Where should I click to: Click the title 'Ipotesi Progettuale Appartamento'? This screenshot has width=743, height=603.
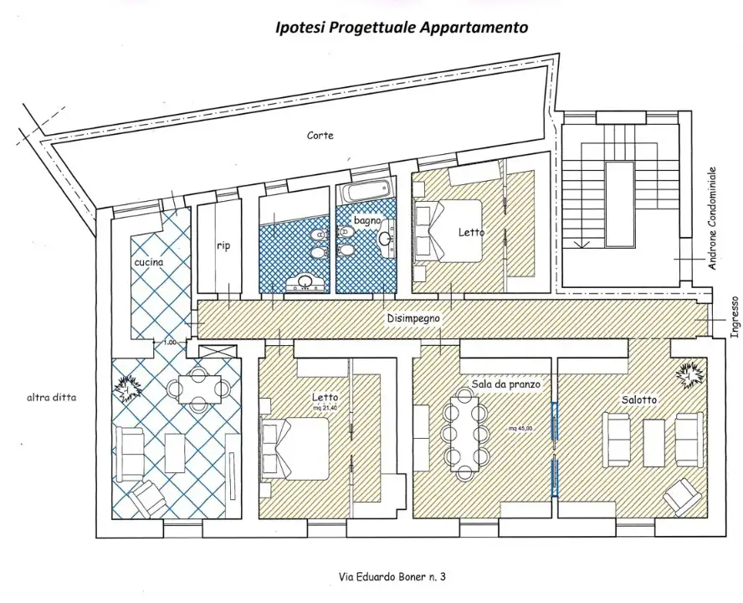[x=402, y=28]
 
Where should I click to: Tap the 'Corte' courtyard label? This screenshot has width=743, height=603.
[x=320, y=135]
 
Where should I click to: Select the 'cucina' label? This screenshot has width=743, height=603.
[x=148, y=262]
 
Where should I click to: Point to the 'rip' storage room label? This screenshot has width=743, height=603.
[x=223, y=245]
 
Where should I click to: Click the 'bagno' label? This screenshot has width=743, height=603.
[x=367, y=220]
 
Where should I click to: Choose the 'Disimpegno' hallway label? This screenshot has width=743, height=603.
[x=413, y=319]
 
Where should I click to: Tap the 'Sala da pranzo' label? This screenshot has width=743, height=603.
[x=505, y=384]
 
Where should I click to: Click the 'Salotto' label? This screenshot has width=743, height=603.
[x=639, y=400]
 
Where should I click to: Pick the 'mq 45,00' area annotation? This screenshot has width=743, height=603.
[x=520, y=429]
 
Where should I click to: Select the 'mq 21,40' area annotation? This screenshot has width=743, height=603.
[x=325, y=408]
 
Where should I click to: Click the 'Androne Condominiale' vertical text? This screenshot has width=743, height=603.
[x=712, y=219]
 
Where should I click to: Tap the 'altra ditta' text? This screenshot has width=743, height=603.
[x=51, y=398]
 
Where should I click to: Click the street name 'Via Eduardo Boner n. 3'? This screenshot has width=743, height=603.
[x=392, y=577]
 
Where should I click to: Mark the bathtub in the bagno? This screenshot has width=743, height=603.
[x=367, y=191]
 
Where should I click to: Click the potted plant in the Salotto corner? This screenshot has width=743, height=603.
[x=689, y=376]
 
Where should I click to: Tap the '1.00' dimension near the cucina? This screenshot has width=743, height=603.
[x=169, y=342]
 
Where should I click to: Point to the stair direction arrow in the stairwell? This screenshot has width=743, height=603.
[x=582, y=244]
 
